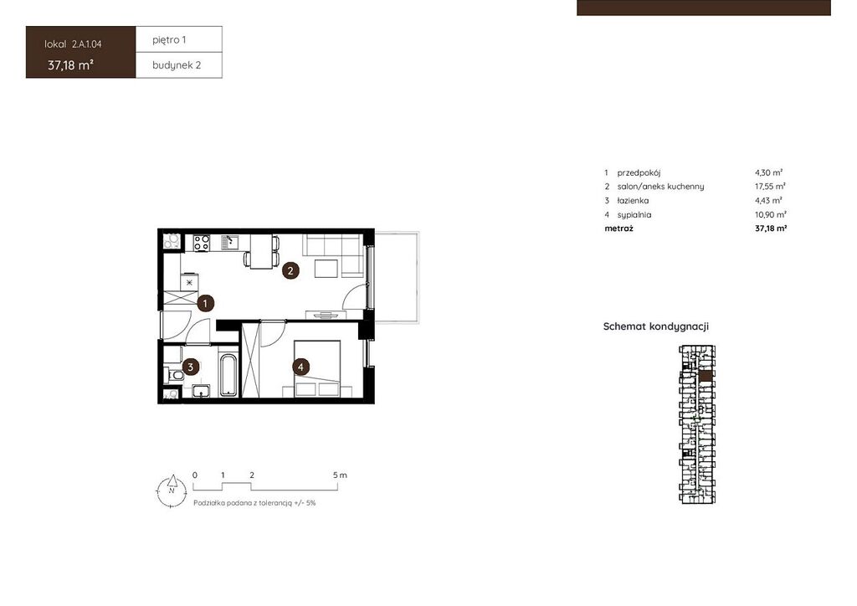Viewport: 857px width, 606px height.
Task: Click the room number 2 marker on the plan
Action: coord(290,270)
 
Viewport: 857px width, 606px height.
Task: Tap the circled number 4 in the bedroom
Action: coord(300,367)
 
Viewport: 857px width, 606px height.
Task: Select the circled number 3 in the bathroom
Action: coord(190,367)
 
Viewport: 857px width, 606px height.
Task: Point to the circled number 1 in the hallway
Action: coord(205,303)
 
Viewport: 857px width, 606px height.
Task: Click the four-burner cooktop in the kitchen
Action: coord(202,243)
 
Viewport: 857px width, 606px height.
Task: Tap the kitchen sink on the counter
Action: coord(229,243)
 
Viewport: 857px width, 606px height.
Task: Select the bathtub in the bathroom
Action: coord(228,375)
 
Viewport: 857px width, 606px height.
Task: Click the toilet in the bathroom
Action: coord(173,375)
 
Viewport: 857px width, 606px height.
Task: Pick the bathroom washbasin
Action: coord(201,391)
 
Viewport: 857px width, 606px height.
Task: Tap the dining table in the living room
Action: coord(261,251)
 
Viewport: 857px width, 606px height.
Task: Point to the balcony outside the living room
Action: coord(397,278)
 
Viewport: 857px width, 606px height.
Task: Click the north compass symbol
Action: coord(172,490)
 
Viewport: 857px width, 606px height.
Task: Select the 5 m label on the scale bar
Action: coord(340,475)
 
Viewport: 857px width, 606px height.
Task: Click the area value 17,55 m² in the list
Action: coord(770,187)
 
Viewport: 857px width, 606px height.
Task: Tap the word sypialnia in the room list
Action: coord(634,215)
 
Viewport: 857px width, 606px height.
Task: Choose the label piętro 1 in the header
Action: coord(169,40)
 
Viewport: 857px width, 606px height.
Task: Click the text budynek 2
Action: coord(177,65)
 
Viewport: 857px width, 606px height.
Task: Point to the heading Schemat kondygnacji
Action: coord(656,326)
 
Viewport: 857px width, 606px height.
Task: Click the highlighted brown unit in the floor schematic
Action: coord(706,376)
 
